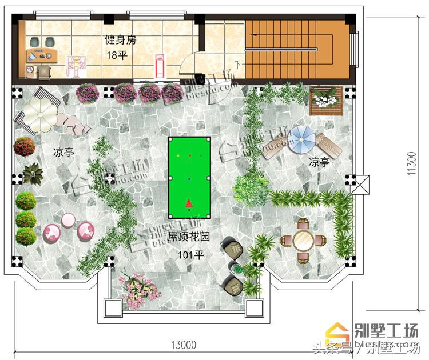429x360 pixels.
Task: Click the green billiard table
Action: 189,178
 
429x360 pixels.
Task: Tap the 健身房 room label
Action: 120,40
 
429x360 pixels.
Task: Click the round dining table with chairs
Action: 301,241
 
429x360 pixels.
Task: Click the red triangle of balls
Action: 189,203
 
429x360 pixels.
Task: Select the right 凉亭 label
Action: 319,162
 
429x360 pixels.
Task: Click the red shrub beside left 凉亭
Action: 24,147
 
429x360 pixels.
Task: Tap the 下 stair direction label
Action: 237,63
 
